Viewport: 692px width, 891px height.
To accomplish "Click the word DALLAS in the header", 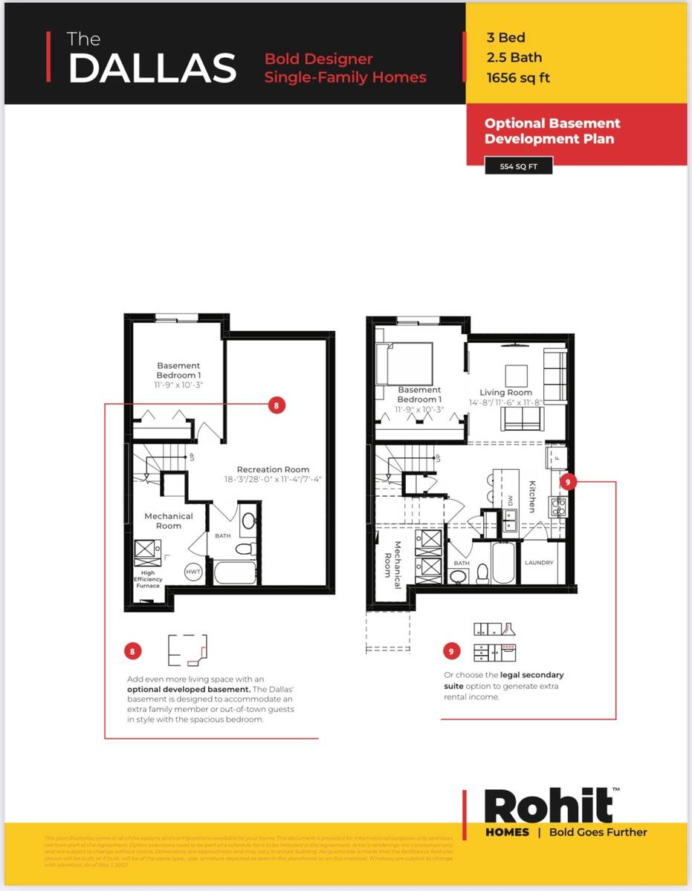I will point(152,68).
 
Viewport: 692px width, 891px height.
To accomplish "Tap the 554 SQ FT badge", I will point(518,166).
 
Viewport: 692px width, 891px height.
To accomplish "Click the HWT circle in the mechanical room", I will point(193,572).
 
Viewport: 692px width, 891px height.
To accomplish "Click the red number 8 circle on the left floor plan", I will point(276,405).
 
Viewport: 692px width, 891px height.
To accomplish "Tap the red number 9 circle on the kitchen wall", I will point(568,482).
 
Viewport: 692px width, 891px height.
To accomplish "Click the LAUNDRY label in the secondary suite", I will point(539,563).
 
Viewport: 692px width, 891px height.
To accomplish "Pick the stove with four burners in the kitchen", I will point(557,506).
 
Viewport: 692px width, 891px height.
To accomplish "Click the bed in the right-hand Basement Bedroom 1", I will point(407,364).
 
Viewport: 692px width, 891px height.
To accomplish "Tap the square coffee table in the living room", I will point(517,373).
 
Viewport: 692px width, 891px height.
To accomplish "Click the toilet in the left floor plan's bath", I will point(242,550).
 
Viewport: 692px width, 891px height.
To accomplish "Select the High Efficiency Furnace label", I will point(148,579).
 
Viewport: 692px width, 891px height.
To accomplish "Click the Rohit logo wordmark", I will point(549,805).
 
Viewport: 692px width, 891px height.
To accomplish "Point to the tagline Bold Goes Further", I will point(598,832).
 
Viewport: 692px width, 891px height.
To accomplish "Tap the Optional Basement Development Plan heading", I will point(552,131).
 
